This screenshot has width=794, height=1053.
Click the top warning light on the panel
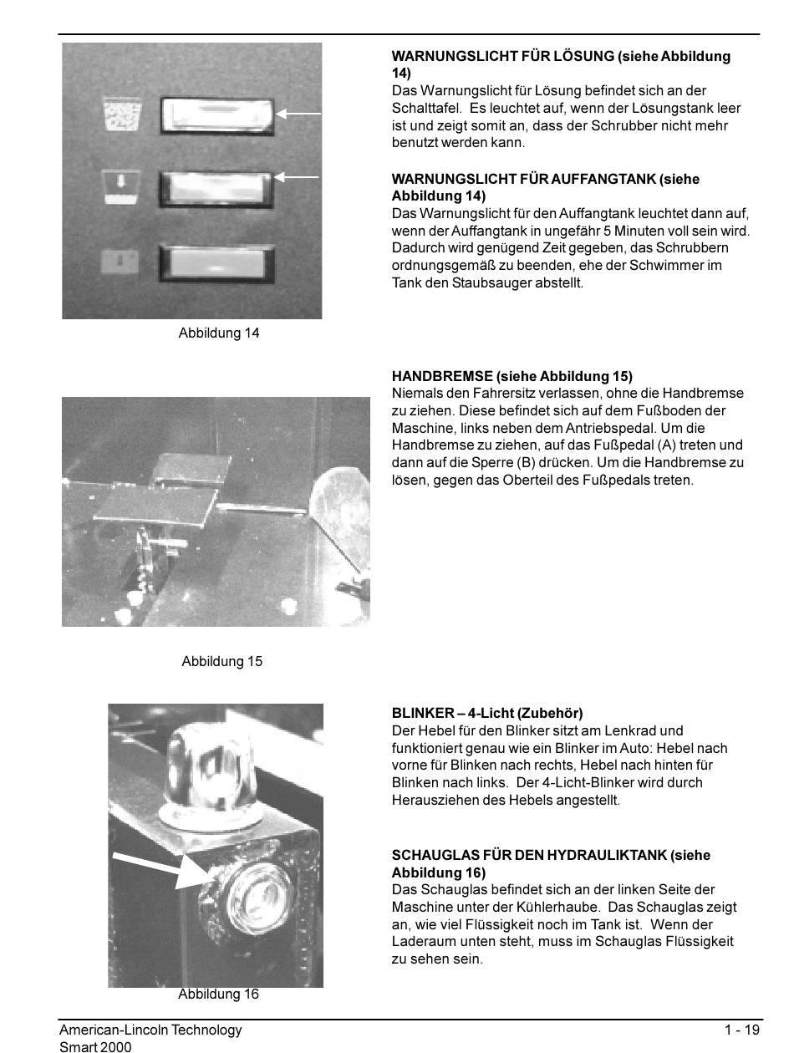click(x=216, y=116)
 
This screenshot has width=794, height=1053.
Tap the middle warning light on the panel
click(x=216, y=190)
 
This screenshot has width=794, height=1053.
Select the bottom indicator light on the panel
click(x=216, y=263)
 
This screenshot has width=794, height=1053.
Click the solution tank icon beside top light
click(x=122, y=114)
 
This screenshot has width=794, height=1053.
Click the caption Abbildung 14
click(x=219, y=333)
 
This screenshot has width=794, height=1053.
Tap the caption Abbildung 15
click(x=221, y=661)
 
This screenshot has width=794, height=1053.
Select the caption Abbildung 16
click(x=218, y=994)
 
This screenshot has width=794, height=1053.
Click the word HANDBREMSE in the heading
click(x=442, y=376)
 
